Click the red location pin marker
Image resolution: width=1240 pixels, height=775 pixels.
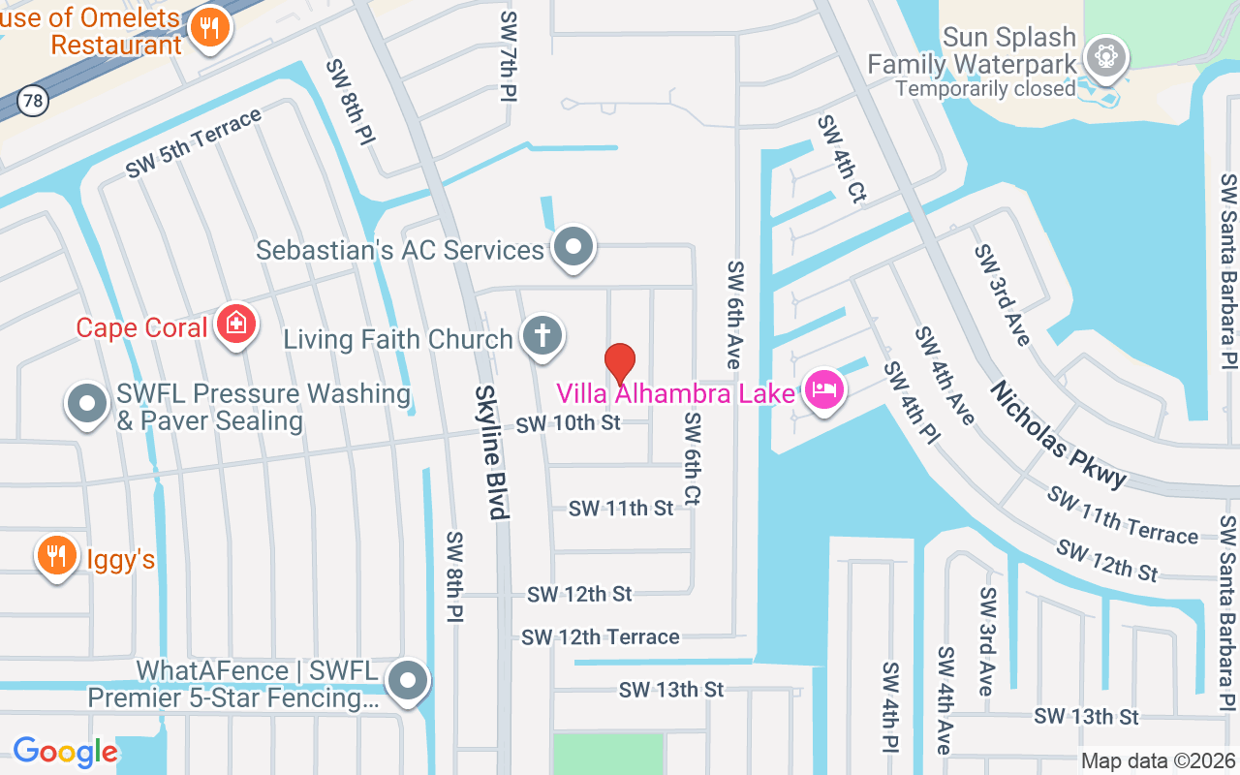(620, 364)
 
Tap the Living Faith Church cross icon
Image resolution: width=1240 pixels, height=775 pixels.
(542, 336)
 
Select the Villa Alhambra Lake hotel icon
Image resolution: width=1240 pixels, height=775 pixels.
(823, 391)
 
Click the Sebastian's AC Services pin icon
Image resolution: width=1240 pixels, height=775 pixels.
(573, 247)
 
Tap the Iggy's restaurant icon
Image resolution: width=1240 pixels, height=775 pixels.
(57, 555)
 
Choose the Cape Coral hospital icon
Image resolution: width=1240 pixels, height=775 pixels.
(235, 325)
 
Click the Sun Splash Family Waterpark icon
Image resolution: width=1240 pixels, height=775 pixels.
(1104, 56)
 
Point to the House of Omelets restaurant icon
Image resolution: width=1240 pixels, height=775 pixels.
(208, 27)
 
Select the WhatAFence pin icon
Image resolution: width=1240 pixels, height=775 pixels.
(408, 680)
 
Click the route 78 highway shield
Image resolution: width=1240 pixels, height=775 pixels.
(33, 101)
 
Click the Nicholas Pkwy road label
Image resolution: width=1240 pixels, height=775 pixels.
(1059, 434)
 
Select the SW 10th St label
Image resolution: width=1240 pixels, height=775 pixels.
(568, 423)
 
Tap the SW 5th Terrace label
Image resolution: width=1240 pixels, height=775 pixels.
(194, 142)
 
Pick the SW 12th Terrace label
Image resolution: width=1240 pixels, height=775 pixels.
(600, 636)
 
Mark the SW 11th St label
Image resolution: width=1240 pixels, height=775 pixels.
(620, 508)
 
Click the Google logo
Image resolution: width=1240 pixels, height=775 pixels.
(65, 752)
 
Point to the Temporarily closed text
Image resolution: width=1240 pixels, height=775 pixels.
(985, 88)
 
